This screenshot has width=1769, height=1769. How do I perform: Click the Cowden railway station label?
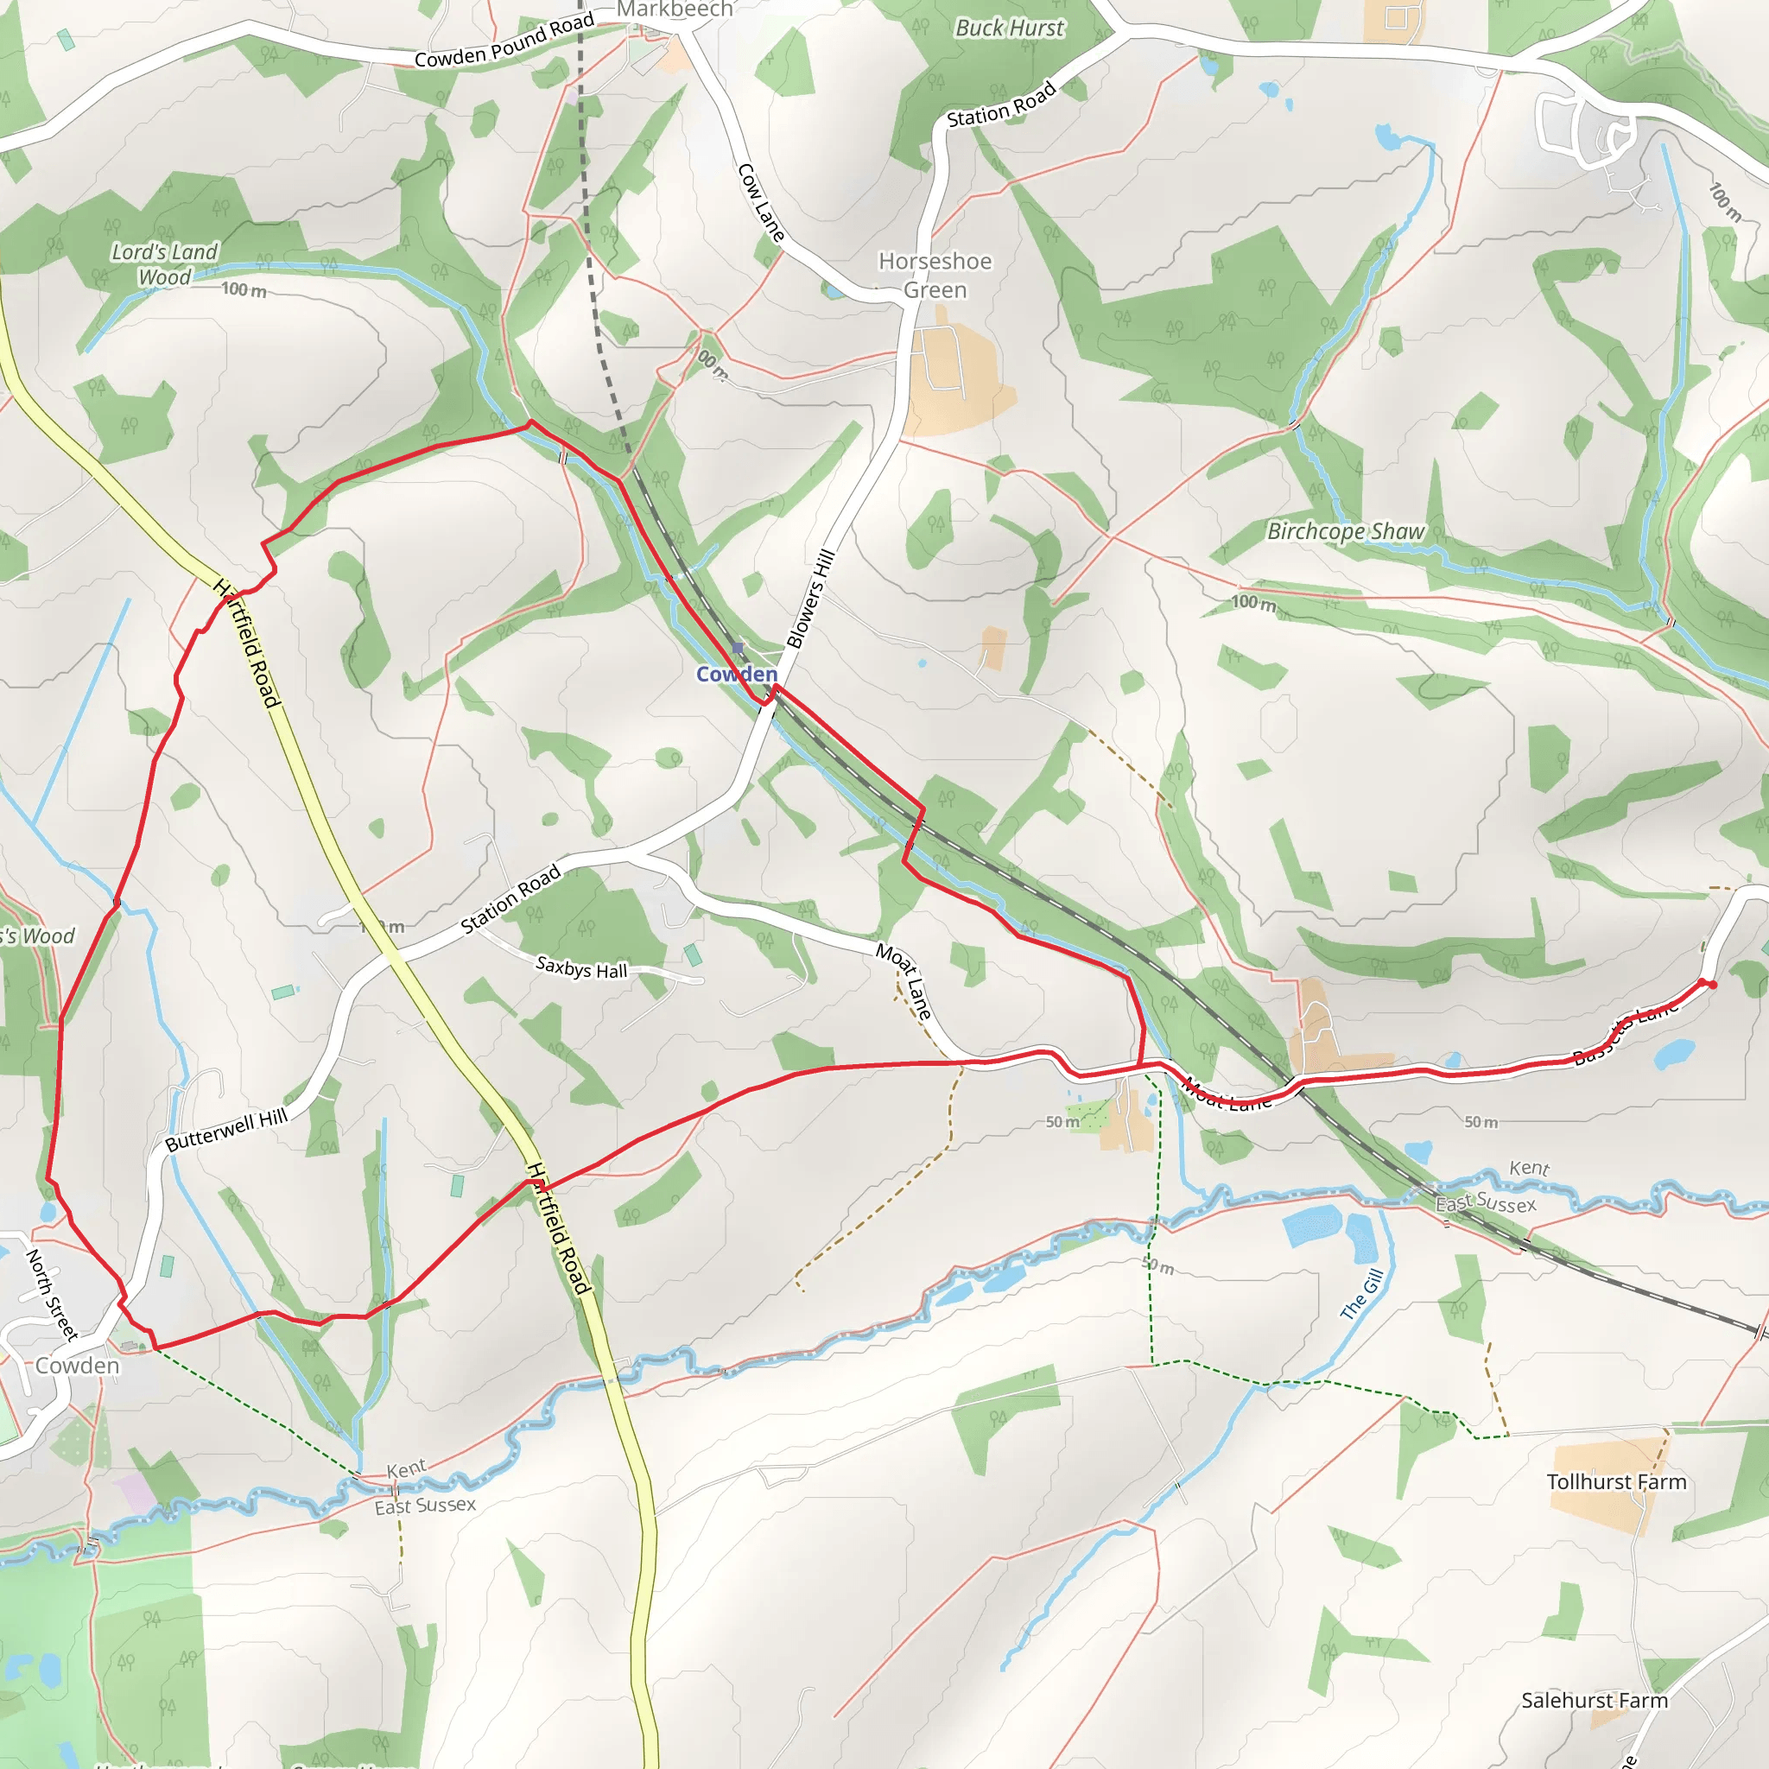736,675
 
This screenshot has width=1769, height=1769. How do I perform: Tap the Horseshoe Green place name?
935,276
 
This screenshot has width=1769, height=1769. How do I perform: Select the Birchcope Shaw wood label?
1345,531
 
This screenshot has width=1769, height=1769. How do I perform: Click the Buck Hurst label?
1009,29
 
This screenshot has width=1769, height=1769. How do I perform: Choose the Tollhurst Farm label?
1616,1482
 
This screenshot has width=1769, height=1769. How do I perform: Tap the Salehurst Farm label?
1595,1700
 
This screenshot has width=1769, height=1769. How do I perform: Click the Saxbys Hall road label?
581,967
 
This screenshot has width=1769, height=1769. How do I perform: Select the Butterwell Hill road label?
226,1131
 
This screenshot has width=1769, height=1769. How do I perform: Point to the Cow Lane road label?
761,203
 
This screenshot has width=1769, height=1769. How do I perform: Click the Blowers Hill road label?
810,599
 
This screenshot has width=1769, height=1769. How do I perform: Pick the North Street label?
51,1295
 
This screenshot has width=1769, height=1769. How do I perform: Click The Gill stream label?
1361,1294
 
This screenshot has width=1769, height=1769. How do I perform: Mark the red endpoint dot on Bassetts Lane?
1711,986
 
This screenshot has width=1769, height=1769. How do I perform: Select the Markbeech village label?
675,10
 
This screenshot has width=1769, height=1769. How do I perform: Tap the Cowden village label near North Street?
78,1366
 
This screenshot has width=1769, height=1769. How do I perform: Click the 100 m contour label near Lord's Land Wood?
244,289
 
